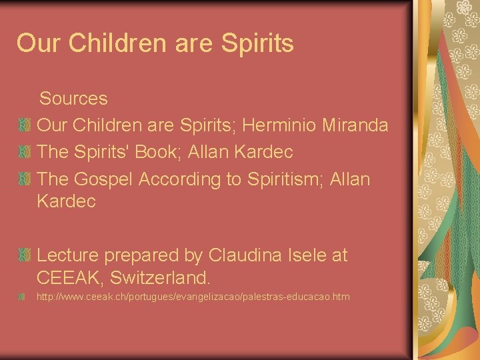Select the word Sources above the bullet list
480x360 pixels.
pyautogui.click(x=73, y=99)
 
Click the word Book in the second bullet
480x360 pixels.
pyautogui.click(x=159, y=152)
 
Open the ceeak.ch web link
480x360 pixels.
pyautogui.click(x=193, y=296)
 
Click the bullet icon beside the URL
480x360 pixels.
pyautogui.click(x=24, y=296)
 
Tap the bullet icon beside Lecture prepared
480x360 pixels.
pyautogui.click(x=24, y=255)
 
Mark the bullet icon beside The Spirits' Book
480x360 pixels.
pyautogui.click(x=24, y=152)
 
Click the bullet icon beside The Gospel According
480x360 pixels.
pyautogui.click(x=24, y=179)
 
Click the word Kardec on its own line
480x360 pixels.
pyautogui.click(x=66, y=201)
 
